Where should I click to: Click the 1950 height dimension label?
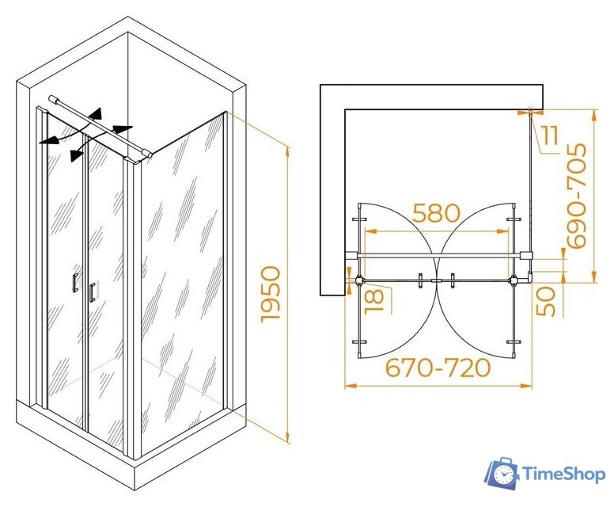(271, 294)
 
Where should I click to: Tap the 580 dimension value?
(436, 213)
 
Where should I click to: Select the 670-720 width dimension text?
(438, 368)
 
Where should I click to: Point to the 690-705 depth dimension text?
(577, 195)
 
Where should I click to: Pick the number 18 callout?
(375, 301)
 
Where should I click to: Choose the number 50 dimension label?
(546, 301)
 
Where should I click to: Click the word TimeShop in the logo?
(564, 475)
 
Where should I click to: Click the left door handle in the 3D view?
(75, 282)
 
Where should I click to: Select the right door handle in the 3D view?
(93, 292)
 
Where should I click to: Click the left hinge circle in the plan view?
(359, 280)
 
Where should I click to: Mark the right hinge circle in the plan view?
(513, 280)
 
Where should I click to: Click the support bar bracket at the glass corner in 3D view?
(146, 153)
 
